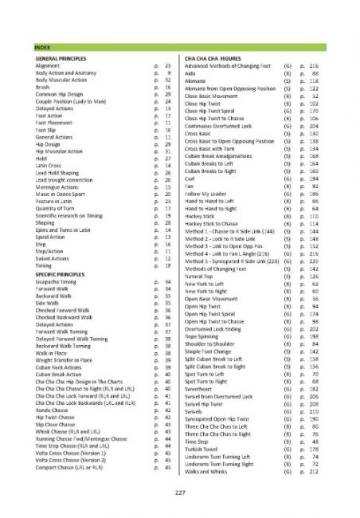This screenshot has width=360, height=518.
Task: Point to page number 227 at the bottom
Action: pos(180,496)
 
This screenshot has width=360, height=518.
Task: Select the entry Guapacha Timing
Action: pos(57,282)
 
